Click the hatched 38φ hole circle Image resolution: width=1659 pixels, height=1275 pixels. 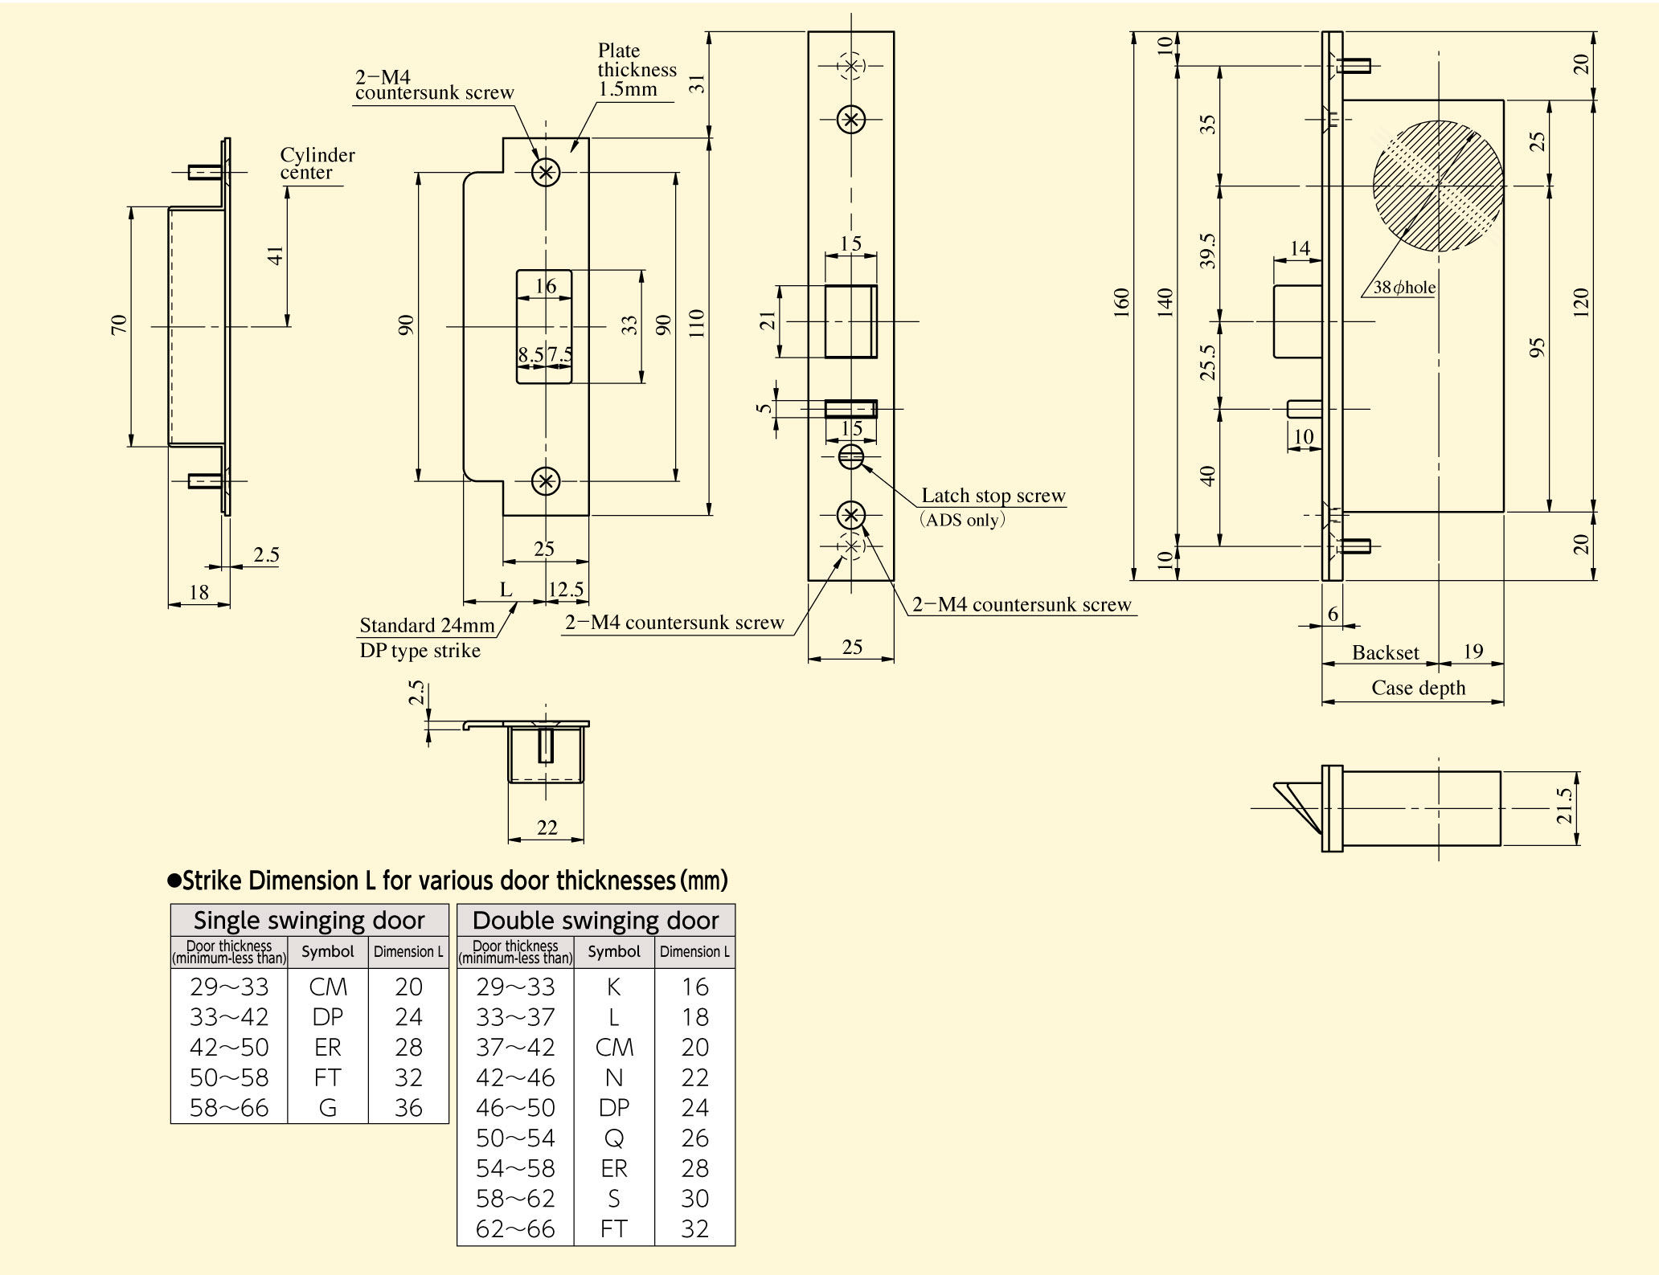point(1438,186)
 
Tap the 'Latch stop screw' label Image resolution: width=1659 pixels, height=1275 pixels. point(993,496)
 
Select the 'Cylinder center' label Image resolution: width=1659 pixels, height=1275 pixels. point(317,163)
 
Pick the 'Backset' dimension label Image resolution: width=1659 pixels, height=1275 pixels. point(1385,652)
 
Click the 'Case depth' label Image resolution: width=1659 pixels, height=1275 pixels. point(1418,688)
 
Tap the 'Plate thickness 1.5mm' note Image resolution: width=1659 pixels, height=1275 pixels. point(637,70)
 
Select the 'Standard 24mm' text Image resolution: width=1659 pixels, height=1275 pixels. point(427,625)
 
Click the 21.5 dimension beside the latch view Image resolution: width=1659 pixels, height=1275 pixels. point(1563,806)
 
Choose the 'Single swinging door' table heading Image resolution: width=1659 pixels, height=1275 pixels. point(309,920)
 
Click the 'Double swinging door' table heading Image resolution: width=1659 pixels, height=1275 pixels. point(596,920)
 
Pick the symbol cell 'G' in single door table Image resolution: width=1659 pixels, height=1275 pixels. point(328,1108)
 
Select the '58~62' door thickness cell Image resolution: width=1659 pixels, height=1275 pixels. point(515,1199)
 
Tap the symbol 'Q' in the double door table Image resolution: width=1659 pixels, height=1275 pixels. point(614,1138)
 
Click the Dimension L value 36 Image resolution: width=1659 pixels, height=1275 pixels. point(408,1108)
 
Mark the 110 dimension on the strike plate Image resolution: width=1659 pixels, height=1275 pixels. point(697,323)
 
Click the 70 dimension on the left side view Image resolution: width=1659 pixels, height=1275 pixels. point(119,325)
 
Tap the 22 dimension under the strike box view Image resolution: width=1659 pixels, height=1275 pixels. point(547,828)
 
